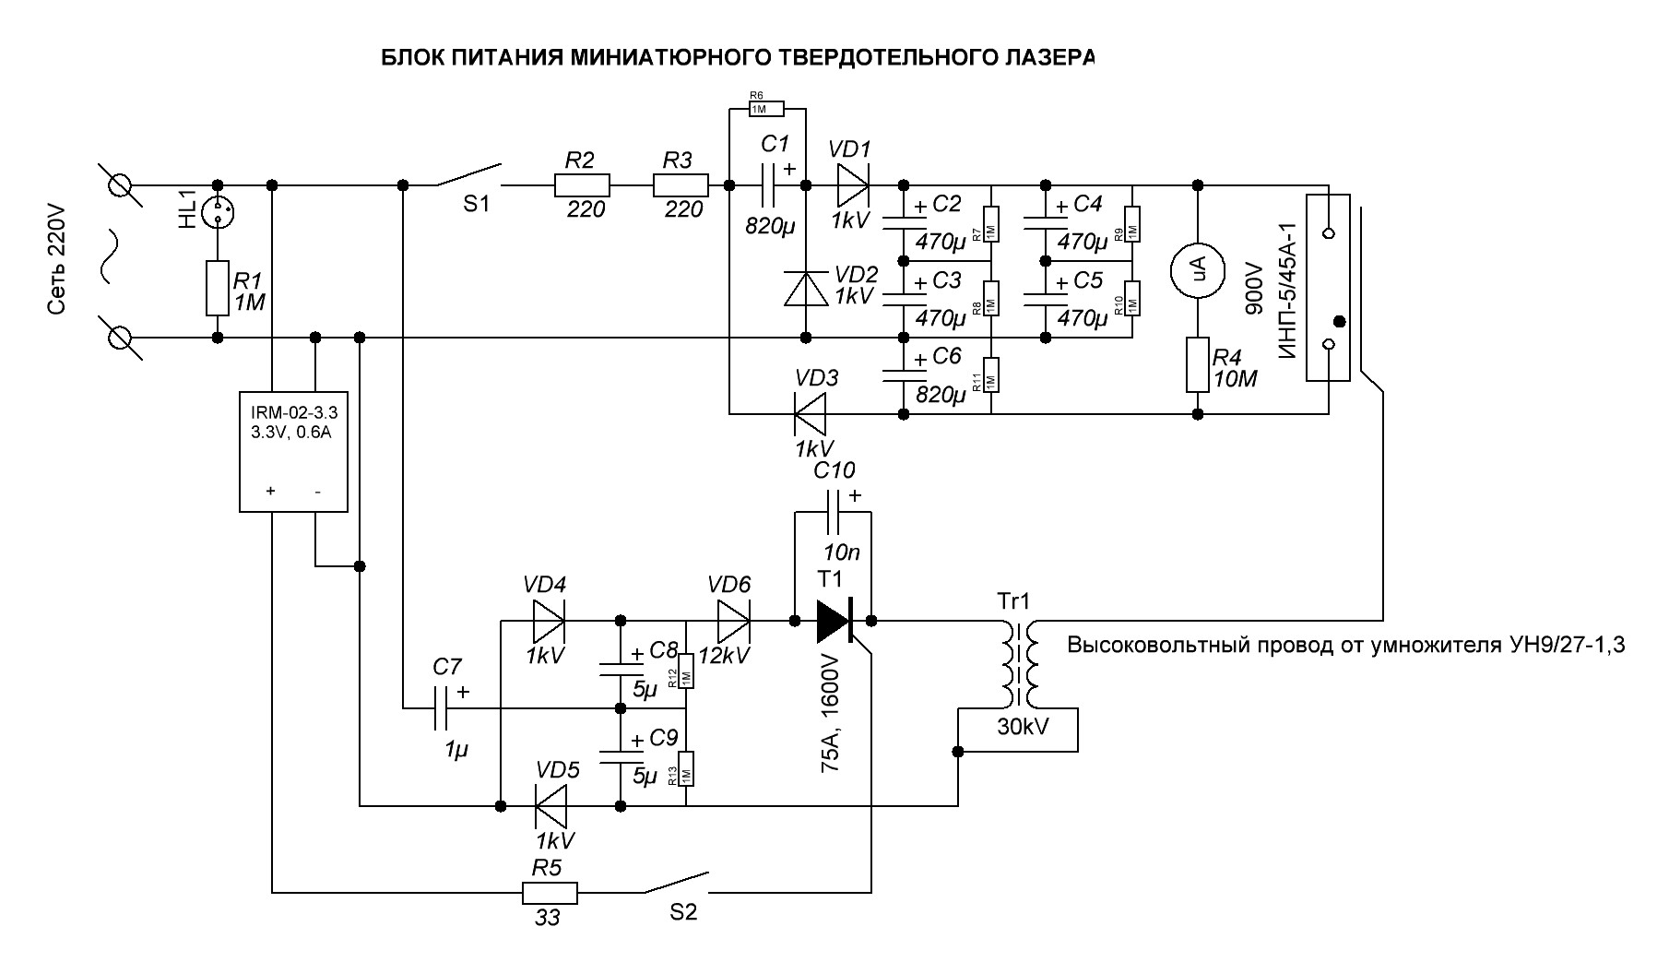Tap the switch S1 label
point(477,205)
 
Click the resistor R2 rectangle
point(582,185)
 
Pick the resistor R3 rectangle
point(681,185)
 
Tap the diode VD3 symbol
point(811,413)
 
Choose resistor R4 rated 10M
point(1197,366)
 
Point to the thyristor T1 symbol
point(834,622)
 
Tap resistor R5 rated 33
point(550,892)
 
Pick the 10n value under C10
point(841,553)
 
